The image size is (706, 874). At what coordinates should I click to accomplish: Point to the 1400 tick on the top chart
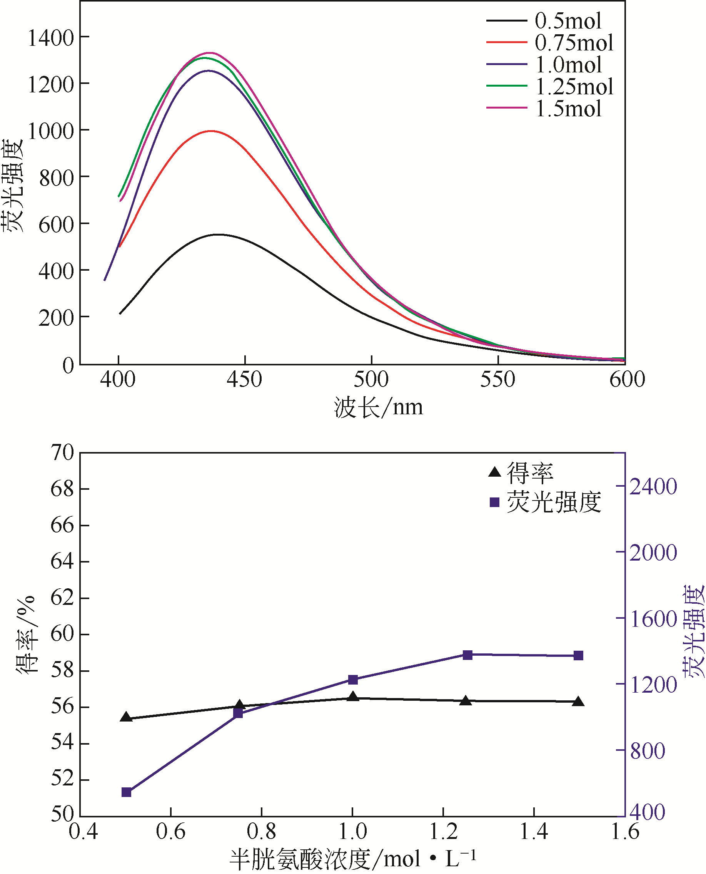[51, 38]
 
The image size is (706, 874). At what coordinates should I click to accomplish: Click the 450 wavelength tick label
[244, 379]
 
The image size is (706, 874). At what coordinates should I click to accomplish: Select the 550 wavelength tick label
[498, 379]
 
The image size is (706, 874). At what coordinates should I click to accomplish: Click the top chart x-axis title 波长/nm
[378, 407]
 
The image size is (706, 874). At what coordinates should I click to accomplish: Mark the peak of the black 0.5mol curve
[219, 234]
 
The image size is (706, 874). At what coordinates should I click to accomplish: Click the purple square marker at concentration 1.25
[468, 655]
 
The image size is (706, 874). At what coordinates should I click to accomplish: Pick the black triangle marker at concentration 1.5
[578, 701]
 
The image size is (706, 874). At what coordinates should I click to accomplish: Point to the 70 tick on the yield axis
[62, 452]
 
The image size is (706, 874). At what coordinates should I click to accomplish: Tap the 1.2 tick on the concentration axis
[443, 831]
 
